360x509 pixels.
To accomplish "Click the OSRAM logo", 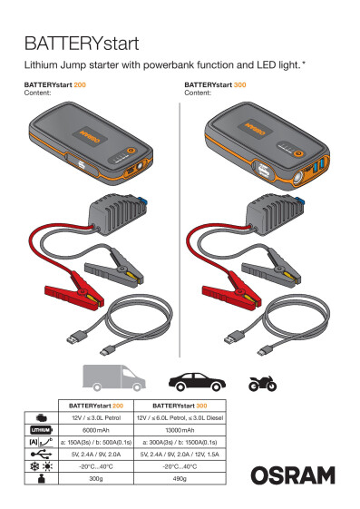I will click(x=293, y=475).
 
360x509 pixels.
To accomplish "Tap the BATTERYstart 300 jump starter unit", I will click(x=256, y=145).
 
